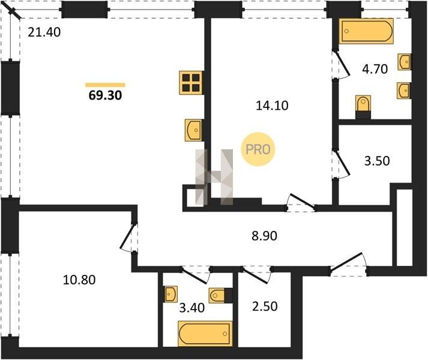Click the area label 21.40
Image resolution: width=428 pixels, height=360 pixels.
44,32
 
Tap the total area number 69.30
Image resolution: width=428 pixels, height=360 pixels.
106,95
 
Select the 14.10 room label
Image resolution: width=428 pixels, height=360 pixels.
272,106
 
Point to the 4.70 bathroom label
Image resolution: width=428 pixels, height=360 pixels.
375,69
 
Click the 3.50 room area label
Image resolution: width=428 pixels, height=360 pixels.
377,161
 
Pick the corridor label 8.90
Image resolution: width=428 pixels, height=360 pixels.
264,236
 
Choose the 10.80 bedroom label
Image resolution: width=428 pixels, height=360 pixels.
79,280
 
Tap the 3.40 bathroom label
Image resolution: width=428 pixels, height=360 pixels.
192,308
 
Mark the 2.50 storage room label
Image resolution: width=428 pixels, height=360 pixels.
265,306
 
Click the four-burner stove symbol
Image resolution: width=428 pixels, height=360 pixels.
191,83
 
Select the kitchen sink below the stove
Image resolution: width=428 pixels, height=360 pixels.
193,130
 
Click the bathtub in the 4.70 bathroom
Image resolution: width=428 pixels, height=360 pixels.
366,31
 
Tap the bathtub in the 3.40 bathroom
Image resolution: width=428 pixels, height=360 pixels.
205,334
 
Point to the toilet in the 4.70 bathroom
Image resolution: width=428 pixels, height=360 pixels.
363,107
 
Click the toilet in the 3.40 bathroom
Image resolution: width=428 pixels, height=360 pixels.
220,295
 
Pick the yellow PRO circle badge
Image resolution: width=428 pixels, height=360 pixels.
258,149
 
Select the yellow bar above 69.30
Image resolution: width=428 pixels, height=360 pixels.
106,85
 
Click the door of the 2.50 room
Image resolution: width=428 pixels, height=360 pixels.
256,275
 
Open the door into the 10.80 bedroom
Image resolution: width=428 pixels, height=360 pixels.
128,237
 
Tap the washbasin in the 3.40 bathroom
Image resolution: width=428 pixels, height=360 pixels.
171,294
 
